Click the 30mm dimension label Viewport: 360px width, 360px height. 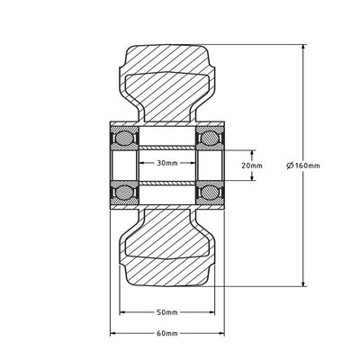(166, 164)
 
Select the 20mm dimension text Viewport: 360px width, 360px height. (254, 165)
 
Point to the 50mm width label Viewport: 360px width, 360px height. (166, 312)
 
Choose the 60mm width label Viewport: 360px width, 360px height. (166, 332)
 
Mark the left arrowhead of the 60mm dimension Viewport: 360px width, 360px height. (112, 333)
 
